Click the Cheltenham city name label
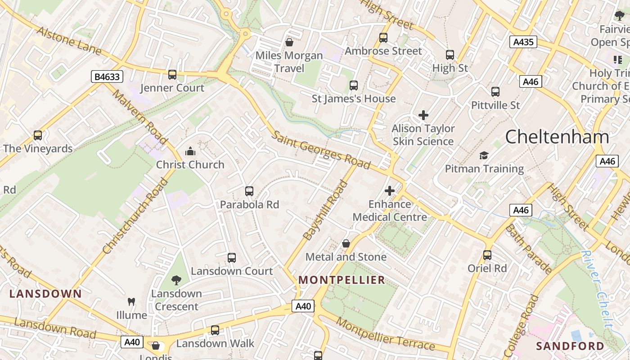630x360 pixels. tap(557, 136)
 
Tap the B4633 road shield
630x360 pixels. tap(107, 76)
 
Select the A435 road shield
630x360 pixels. tap(523, 42)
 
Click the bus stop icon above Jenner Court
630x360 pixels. tap(172, 75)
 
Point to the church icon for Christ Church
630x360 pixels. tap(190, 151)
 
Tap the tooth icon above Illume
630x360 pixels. tap(131, 301)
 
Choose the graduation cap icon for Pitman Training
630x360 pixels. tap(484, 155)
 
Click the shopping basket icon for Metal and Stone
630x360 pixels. tap(346, 243)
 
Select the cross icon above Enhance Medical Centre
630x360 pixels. tap(390, 191)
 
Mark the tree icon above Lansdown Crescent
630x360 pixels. tap(176, 280)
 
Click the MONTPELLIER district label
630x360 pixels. tap(342, 280)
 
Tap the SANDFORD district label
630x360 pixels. tap(570, 346)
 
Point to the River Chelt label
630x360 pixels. tap(597, 288)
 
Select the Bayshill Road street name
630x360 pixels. tap(326, 210)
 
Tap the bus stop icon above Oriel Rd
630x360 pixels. tap(487, 255)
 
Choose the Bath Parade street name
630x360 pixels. tap(528, 249)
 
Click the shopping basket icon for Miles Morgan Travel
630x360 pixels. tap(289, 42)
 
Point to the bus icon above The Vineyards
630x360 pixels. tap(38, 135)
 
